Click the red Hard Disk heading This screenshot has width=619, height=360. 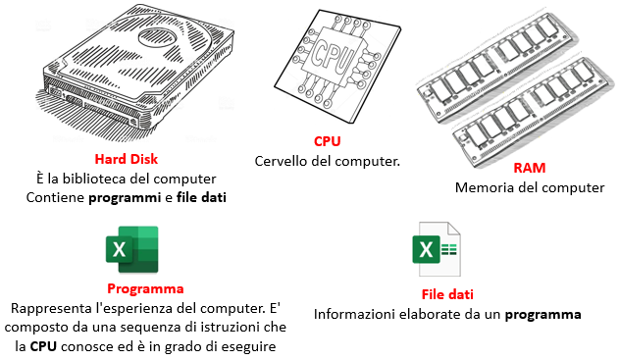[127, 159]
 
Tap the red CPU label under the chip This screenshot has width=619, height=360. [328, 141]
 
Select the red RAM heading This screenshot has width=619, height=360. [530, 168]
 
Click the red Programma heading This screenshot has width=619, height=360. [145, 288]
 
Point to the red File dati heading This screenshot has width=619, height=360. [447, 294]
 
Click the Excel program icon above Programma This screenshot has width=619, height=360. [132, 249]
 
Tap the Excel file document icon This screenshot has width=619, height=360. [437, 249]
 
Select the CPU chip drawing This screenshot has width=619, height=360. [337, 65]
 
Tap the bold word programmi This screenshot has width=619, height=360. [125, 197]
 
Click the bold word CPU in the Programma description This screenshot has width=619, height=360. [43, 346]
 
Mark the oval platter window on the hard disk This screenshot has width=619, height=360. [158, 36]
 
